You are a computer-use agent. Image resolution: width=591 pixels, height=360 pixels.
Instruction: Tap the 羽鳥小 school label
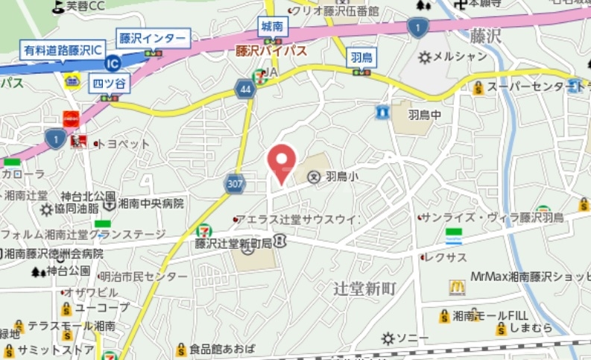click(x=342, y=177)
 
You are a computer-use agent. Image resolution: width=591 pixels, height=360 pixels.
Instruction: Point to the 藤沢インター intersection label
click(x=154, y=37)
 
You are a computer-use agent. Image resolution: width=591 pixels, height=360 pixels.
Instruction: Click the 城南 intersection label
click(x=271, y=26)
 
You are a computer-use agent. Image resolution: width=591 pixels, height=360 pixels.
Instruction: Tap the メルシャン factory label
click(x=460, y=56)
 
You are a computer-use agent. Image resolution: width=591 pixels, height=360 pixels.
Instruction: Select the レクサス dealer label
click(x=446, y=257)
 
